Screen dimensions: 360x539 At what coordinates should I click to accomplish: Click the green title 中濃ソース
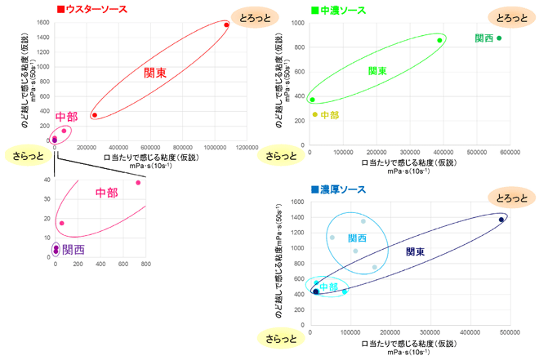click(343, 11)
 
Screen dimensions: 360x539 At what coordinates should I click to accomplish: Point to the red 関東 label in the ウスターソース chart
click(155, 73)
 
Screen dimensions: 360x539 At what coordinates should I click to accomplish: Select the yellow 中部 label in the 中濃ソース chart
click(330, 115)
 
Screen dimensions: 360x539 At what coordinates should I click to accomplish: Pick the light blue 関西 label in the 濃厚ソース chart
click(357, 238)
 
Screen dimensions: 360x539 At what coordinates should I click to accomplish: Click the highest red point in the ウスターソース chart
click(226, 25)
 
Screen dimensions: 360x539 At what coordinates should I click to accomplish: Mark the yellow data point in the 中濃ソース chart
click(314, 114)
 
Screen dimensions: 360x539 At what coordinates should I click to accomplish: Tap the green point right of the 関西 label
click(499, 38)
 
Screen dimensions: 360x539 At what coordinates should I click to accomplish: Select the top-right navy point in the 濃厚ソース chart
click(501, 220)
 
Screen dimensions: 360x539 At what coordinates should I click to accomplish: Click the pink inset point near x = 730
click(138, 183)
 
